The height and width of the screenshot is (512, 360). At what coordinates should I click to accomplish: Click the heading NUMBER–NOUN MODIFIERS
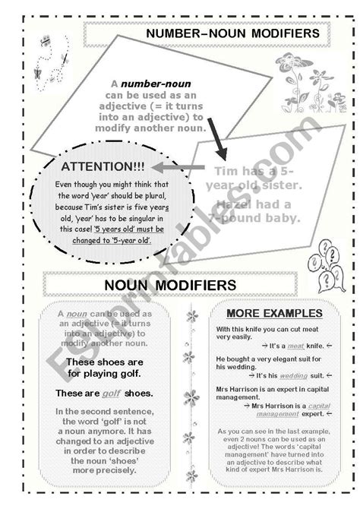(222, 35)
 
